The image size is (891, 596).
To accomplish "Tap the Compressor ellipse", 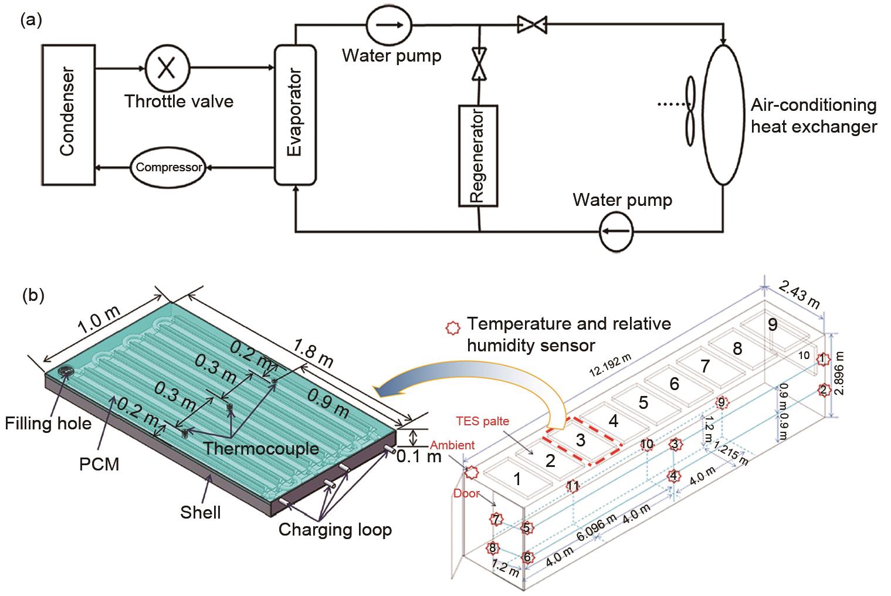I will [x=169, y=167].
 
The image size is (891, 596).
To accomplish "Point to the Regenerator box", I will [x=477, y=155].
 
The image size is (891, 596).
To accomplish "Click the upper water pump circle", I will [x=389, y=25].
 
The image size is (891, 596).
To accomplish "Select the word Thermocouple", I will [x=261, y=449].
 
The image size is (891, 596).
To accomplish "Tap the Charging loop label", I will [x=335, y=530].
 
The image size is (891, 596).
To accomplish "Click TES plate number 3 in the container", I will [x=580, y=440].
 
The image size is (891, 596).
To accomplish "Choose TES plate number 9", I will [x=773, y=324].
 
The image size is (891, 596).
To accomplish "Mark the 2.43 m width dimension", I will [x=799, y=294].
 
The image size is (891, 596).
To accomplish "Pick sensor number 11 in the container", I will [x=573, y=486].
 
